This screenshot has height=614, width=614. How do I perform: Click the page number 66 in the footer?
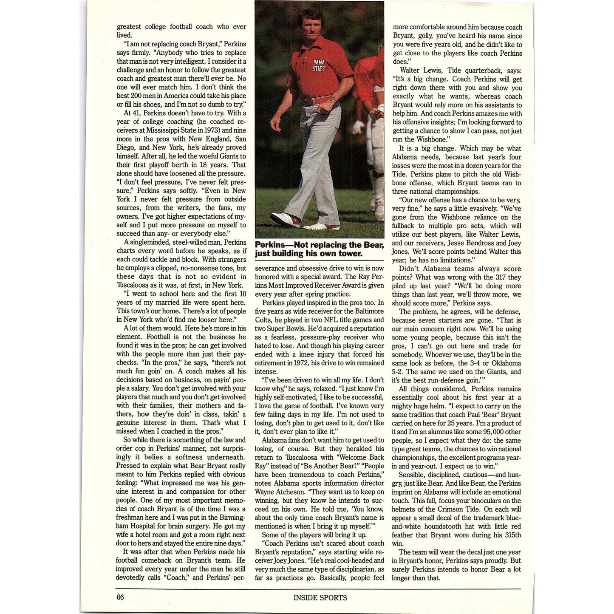click(120, 597)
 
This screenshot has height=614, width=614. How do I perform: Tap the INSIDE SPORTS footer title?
click(320, 597)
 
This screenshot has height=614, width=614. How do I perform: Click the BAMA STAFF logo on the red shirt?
click(319, 65)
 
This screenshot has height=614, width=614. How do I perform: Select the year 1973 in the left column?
click(211, 130)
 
